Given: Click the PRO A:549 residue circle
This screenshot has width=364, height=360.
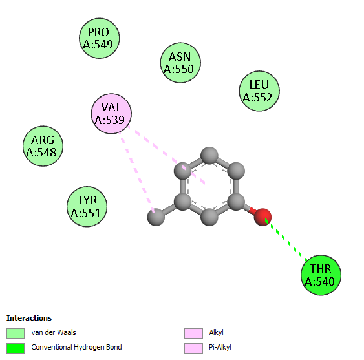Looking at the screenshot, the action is point(100,38).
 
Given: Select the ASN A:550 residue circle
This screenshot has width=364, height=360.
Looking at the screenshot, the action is point(180,63).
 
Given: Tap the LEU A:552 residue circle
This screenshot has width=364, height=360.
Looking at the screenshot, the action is point(259,91).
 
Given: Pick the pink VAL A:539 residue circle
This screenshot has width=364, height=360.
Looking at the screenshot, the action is point(111,114).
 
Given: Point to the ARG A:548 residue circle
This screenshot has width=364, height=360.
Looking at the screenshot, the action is point(43,146).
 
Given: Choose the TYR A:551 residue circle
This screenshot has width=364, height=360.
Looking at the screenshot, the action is point(87,206).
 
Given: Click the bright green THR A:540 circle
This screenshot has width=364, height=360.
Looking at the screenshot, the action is point(321,275).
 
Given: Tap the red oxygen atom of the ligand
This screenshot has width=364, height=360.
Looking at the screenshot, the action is point(262,217).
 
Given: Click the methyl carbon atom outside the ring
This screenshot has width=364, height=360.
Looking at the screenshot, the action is point(156,217).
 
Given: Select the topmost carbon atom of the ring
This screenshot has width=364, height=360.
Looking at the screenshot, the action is point(209,156).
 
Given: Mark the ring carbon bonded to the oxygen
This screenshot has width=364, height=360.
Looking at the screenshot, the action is point(236,202).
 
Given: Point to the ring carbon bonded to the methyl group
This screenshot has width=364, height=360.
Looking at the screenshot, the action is point(183,202).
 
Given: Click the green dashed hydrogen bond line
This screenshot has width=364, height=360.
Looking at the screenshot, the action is point(286,240).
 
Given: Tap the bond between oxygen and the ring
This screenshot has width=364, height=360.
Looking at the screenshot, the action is point(250,209).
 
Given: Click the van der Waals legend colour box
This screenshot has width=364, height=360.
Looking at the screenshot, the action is point(16,333).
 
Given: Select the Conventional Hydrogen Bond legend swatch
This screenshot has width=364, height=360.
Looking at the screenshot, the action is point(16,348).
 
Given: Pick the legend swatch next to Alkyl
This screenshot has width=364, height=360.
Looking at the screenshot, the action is point(193,333).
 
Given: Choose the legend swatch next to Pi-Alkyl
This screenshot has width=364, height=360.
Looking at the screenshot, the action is point(193,348).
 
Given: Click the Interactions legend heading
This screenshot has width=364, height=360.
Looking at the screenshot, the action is point(29,318).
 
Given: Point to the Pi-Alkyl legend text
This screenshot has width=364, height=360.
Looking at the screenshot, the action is point(220,347).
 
